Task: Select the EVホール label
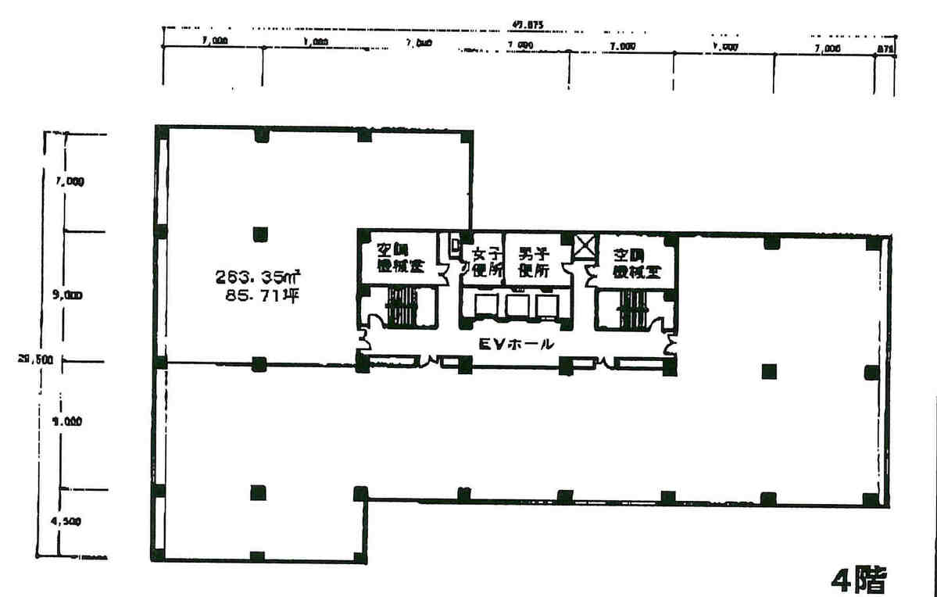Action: pyautogui.click(x=517, y=343)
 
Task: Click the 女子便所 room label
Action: pyautogui.click(x=484, y=261)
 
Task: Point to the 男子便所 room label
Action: pyautogui.click(x=535, y=261)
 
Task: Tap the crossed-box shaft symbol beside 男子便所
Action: pyautogui.click(x=584, y=248)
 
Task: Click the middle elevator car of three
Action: pyautogui.click(x=517, y=306)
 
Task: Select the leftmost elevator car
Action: pyautogui.click(x=488, y=306)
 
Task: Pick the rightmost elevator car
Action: pyautogui.click(x=545, y=306)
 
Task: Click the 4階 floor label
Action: pyautogui.click(x=859, y=580)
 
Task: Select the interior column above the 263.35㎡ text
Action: pyautogui.click(x=260, y=234)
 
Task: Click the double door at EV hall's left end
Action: pyautogui.click(x=363, y=341)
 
